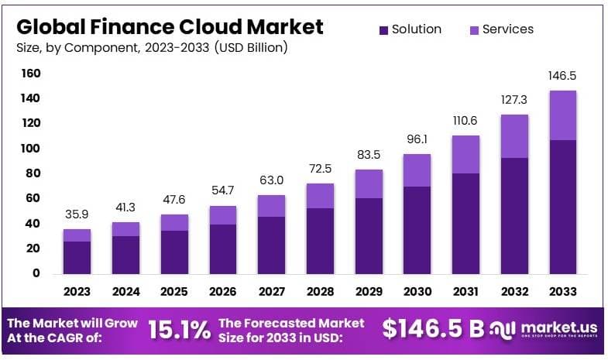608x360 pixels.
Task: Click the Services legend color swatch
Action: pyautogui.click(x=474, y=30)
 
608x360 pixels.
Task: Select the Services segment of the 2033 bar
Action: pyautogui.click(x=562, y=115)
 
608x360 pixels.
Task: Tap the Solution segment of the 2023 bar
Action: pyautogui.click(x=77, y=257)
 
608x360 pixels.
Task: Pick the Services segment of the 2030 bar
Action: pyautogui.click(x=417, y=170)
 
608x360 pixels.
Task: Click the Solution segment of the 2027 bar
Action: pyautogui.click(x=271, y=245)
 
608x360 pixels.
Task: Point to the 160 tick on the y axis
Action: pyautogui.click(x=31, y=74)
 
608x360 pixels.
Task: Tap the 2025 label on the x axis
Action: pyautogui.click(x=174, y=292)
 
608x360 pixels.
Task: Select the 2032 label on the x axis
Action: pyautogui.click(x=514, y=292)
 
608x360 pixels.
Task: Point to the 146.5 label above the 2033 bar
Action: pyautogui.click(x=562, y=77)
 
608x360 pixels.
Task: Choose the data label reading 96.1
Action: pyautogui.click(x=417, y=141)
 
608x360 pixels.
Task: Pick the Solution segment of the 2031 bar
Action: pyautogui.click(x=465, y=223)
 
